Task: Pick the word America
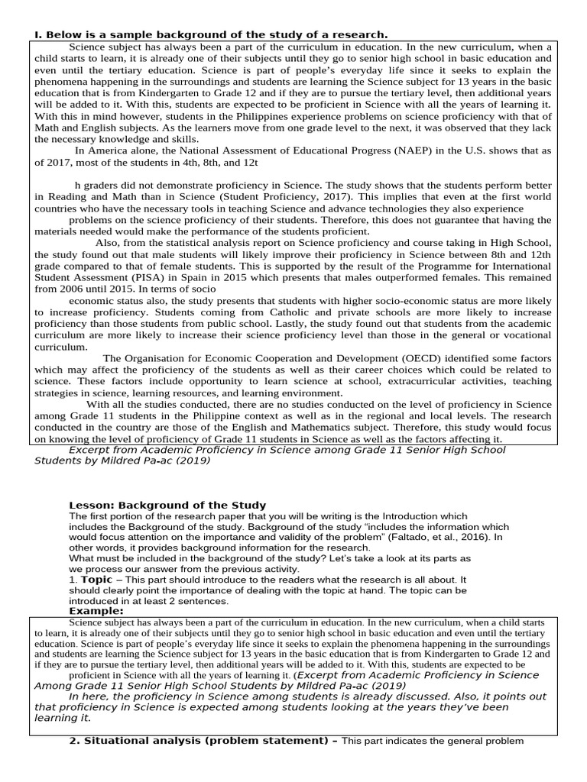[x=110, y=150]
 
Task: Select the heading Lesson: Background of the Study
[x=167, y=505]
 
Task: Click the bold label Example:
[x=96, y=611]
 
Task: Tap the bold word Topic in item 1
[x=97, y=580]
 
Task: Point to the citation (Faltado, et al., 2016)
[x=431, y=538]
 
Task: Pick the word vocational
[x=521, y=334]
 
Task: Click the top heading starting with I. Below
[x=210, y=34]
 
